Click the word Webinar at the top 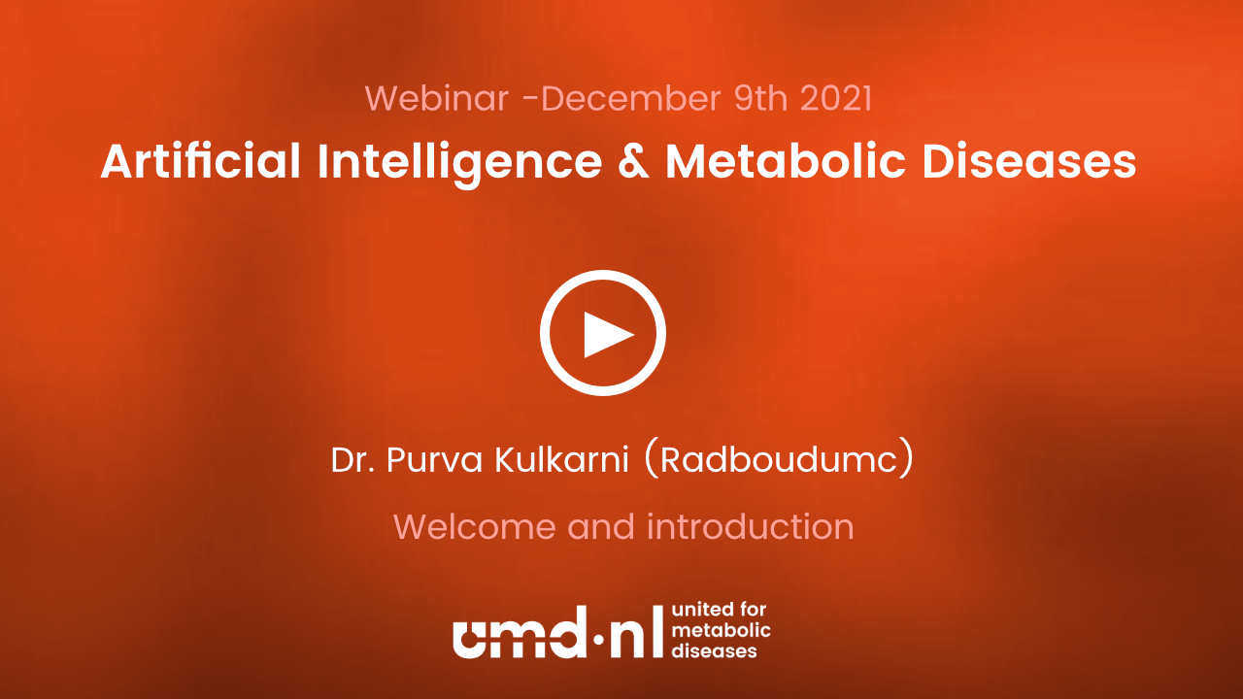437,98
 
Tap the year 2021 836,98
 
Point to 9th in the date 760,98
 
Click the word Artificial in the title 200,161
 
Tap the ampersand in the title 633,161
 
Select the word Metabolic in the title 786,161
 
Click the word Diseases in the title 1029,161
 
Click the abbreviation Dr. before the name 353,460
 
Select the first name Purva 434,461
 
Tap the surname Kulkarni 562,460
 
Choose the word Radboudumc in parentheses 779,460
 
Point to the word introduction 751,526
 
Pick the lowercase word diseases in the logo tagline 714,650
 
